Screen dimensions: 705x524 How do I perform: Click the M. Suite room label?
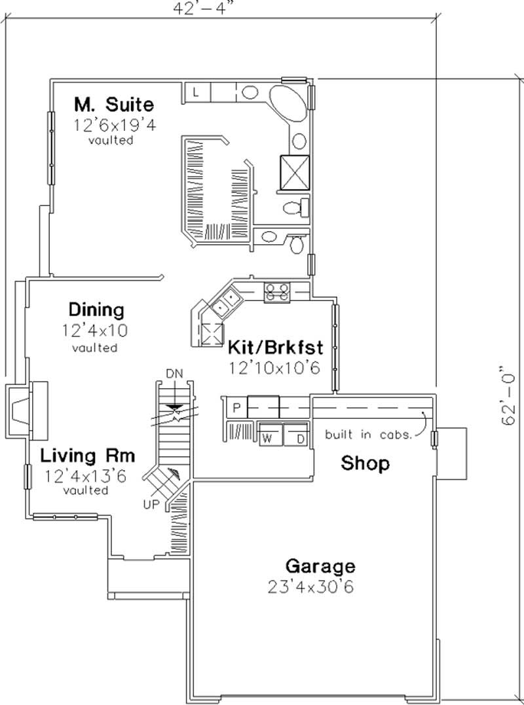(x=114, y=104)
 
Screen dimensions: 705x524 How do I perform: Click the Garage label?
(x=320, y=566)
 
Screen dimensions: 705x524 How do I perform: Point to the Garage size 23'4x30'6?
(x=310, y=587)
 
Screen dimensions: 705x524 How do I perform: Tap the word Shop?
(x=365, y=463)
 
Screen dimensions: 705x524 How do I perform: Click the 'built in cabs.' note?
(x=368, y=435)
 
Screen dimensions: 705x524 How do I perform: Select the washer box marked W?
(x=267, y=438)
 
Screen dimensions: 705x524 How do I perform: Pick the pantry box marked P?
(x=236, y=407)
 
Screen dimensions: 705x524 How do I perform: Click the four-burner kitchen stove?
(x=277, y=292)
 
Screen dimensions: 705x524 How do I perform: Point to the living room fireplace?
(x=28, y=409)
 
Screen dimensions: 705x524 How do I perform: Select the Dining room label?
(x=96, y=310)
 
